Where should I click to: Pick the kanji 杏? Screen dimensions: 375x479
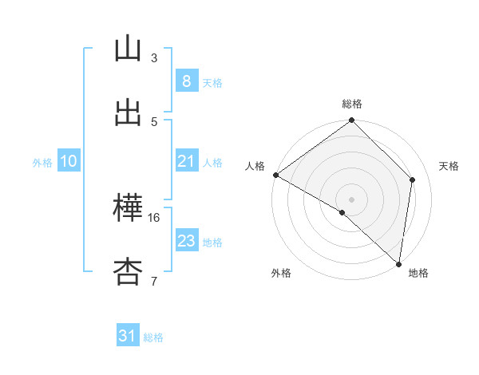(129, 272)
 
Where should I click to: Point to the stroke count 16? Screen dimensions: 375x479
(154, 217)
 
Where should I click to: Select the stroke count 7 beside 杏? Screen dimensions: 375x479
(154, 281)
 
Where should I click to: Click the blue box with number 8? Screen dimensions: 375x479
(186, 81)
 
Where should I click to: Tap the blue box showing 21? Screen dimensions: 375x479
(186, 161)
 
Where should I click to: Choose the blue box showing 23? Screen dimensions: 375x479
(186, 241)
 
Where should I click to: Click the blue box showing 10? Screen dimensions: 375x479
(69, 161)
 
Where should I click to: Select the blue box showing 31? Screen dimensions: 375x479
(128, 336)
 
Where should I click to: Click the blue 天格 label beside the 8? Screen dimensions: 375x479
(212, 82)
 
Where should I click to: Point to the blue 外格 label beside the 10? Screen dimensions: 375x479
(42, 162)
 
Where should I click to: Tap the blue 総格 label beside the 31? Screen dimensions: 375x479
(153, 337)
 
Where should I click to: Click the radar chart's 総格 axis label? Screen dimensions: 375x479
(352, 104)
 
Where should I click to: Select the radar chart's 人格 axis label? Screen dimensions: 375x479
(255, 166)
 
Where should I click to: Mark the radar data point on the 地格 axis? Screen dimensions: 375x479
(398, 263)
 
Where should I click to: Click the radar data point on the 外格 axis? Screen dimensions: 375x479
(342, 212)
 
